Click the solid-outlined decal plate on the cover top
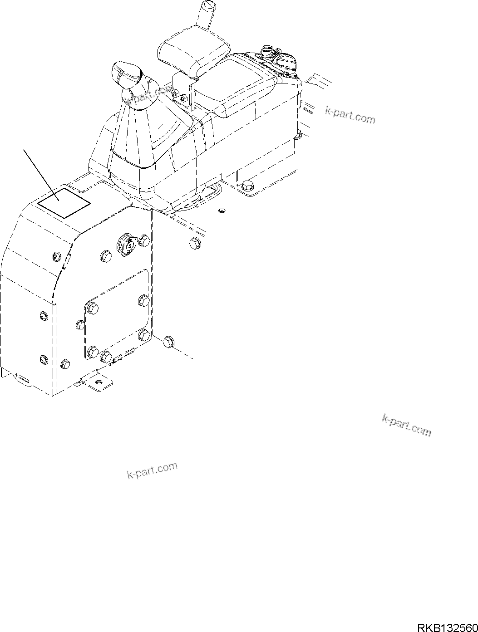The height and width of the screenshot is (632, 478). pos(64,201)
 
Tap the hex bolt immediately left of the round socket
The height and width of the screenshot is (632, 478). pos(105,257)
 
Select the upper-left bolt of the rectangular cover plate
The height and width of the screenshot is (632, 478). pos(93,308)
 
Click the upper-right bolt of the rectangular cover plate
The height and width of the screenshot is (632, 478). pos(144,300)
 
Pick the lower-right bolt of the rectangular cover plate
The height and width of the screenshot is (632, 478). pos(144,335)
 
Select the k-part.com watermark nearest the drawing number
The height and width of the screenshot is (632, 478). pos(406,425)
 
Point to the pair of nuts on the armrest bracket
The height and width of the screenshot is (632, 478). pos(179,96)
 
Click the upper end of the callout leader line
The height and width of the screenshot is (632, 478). pos(24,148)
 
